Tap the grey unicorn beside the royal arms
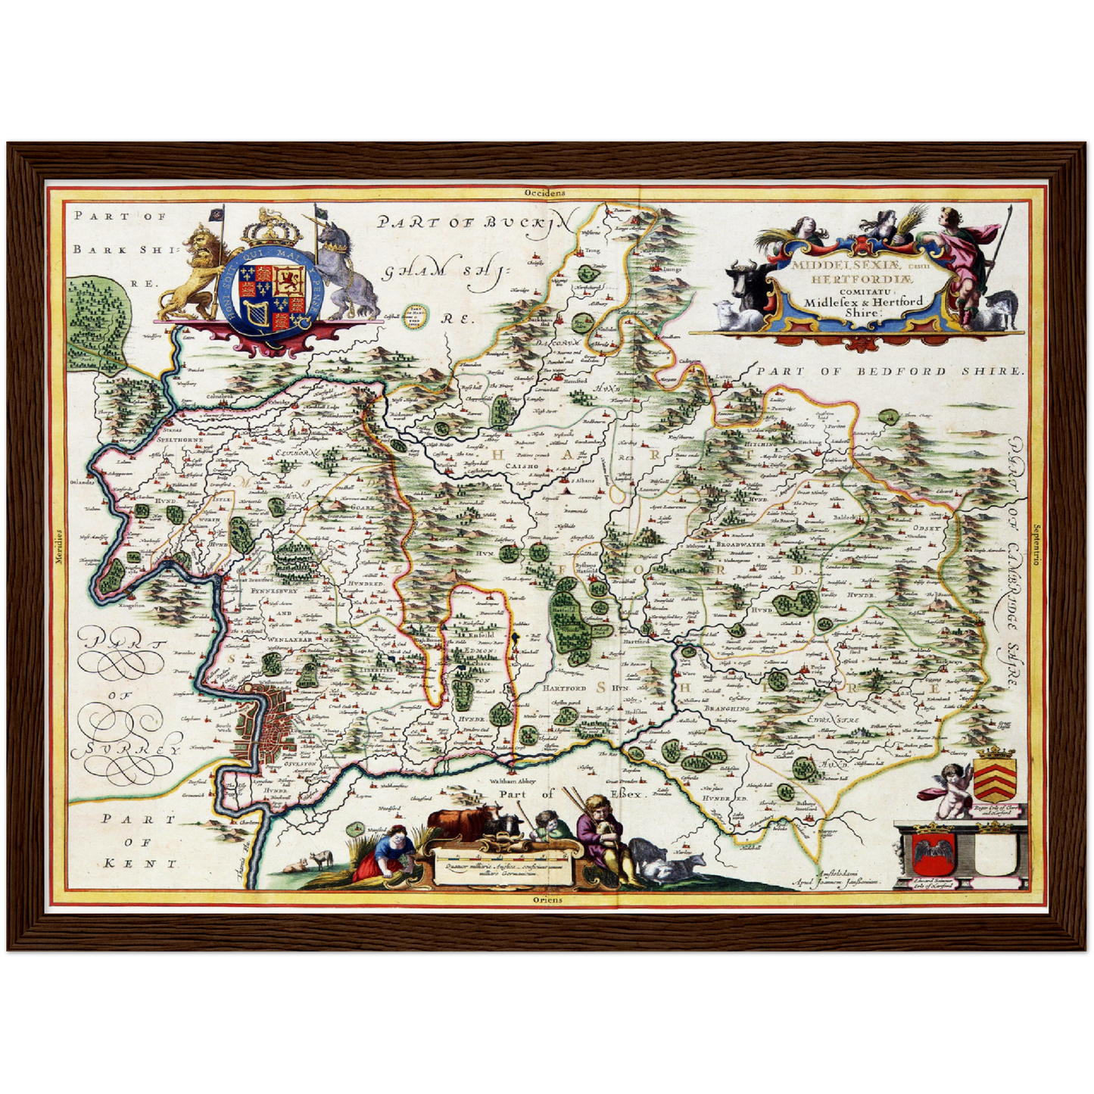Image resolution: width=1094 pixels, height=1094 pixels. pyautogui.click(x=344, y=273)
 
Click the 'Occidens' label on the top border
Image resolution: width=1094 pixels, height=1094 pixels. pyautogui.click(x=545, y=193)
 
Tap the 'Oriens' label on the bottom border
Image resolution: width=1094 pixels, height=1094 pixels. pyautogui.click(x=547, y=899)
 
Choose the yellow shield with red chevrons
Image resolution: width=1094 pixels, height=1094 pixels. pyautogui.click(x=996, y=776)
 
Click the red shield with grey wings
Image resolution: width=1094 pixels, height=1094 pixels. pyautogui.click(x=929, y=853)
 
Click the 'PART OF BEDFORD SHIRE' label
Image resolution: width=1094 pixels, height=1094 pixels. pyautogui.click(x=889, y=371)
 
